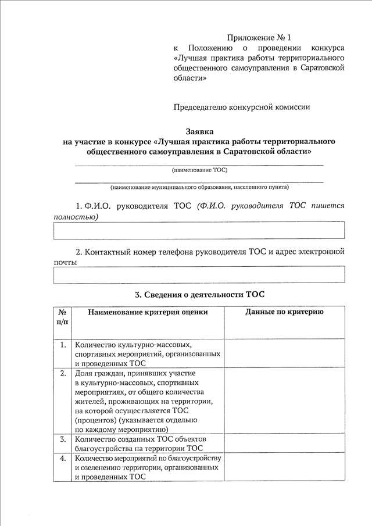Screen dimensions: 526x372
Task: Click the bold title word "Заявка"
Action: click(200, 132)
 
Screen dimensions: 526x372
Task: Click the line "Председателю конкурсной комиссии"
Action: click(242, 107)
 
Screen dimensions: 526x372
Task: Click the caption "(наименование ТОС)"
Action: click(199, 170)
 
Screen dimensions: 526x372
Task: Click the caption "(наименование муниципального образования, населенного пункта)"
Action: click(199, 188)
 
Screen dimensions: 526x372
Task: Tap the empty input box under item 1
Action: click(199, 230)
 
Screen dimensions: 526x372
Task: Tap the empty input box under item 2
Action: click(199, 275)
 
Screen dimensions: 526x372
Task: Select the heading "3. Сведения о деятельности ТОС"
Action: click(199, 295)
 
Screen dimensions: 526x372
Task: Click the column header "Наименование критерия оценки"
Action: click(148, 312)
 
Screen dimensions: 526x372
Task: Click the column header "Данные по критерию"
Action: click(284, 312)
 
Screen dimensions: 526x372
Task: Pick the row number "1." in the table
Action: click(62, 345)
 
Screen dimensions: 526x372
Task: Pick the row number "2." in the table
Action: click(62, 373)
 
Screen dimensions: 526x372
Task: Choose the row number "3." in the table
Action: click(62, 439)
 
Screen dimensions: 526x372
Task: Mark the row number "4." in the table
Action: click(62, 459)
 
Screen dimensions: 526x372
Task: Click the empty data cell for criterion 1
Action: click(284, 353)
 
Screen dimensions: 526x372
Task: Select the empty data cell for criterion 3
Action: click(284, 443)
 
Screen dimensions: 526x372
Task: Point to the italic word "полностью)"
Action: click(76, 217)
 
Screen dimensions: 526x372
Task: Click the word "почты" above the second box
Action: click(65, 263)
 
